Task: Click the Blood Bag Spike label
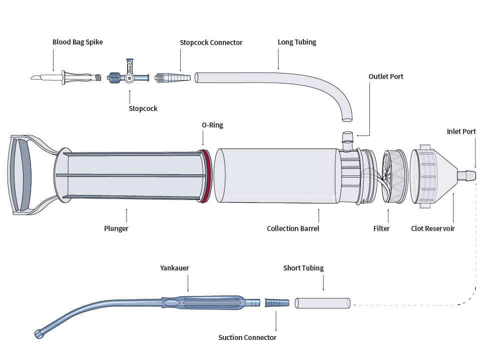pos(78,42)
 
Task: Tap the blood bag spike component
pos(65,77)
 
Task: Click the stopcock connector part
pos(173,78)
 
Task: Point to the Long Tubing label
pos(297,42)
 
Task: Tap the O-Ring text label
pos(212,125)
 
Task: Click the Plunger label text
pos(116,228)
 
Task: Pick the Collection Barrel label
pos(293,228)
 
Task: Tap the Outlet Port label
pos(385,76)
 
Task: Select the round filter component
pos(394,176)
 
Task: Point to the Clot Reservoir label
pos(432,228)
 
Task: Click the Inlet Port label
pos(461,132)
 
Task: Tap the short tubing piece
pos(322,303)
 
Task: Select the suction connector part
pos(277,303)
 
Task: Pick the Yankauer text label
pos(174,268)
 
